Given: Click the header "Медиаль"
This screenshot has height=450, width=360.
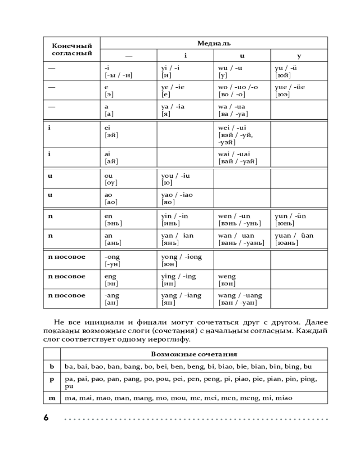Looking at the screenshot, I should [x=214, y=43].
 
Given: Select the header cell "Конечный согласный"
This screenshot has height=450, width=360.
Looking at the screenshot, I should [x=72, y=49].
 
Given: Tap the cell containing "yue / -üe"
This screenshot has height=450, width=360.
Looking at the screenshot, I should [x=299, y=90].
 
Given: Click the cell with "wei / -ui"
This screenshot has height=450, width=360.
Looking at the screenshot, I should [x=242, y=135].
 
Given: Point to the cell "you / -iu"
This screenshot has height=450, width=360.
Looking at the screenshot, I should [x=185, y=179].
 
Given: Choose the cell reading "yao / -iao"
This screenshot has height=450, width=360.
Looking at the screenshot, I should [x=185, y=198].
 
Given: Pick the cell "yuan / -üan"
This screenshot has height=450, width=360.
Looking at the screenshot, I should [x=299, y=239].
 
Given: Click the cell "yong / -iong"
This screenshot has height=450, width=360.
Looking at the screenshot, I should [x=185, y=260].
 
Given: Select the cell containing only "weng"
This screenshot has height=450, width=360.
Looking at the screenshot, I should [x=242, y=279].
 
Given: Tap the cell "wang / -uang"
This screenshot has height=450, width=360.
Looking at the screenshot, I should [x=242, y=299].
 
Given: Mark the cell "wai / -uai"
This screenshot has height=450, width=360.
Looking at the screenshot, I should [x=242, y=157].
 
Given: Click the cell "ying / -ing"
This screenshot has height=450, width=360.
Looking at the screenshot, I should [x=185, y=279].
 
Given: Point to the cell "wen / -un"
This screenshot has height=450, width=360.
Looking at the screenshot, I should [x=242, y=219].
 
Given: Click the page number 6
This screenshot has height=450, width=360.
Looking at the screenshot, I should [x=46, y=418].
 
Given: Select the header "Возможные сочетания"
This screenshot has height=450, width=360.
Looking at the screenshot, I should [x=194, y=354].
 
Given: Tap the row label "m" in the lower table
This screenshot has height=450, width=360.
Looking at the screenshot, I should [x=52, y=398].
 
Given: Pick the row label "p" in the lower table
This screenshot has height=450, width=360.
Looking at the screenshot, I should [x=52, y=379].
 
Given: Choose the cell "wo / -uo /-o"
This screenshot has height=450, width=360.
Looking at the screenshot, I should [x=242, y=90].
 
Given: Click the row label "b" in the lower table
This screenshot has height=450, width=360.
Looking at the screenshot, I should [x=52, y=366].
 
